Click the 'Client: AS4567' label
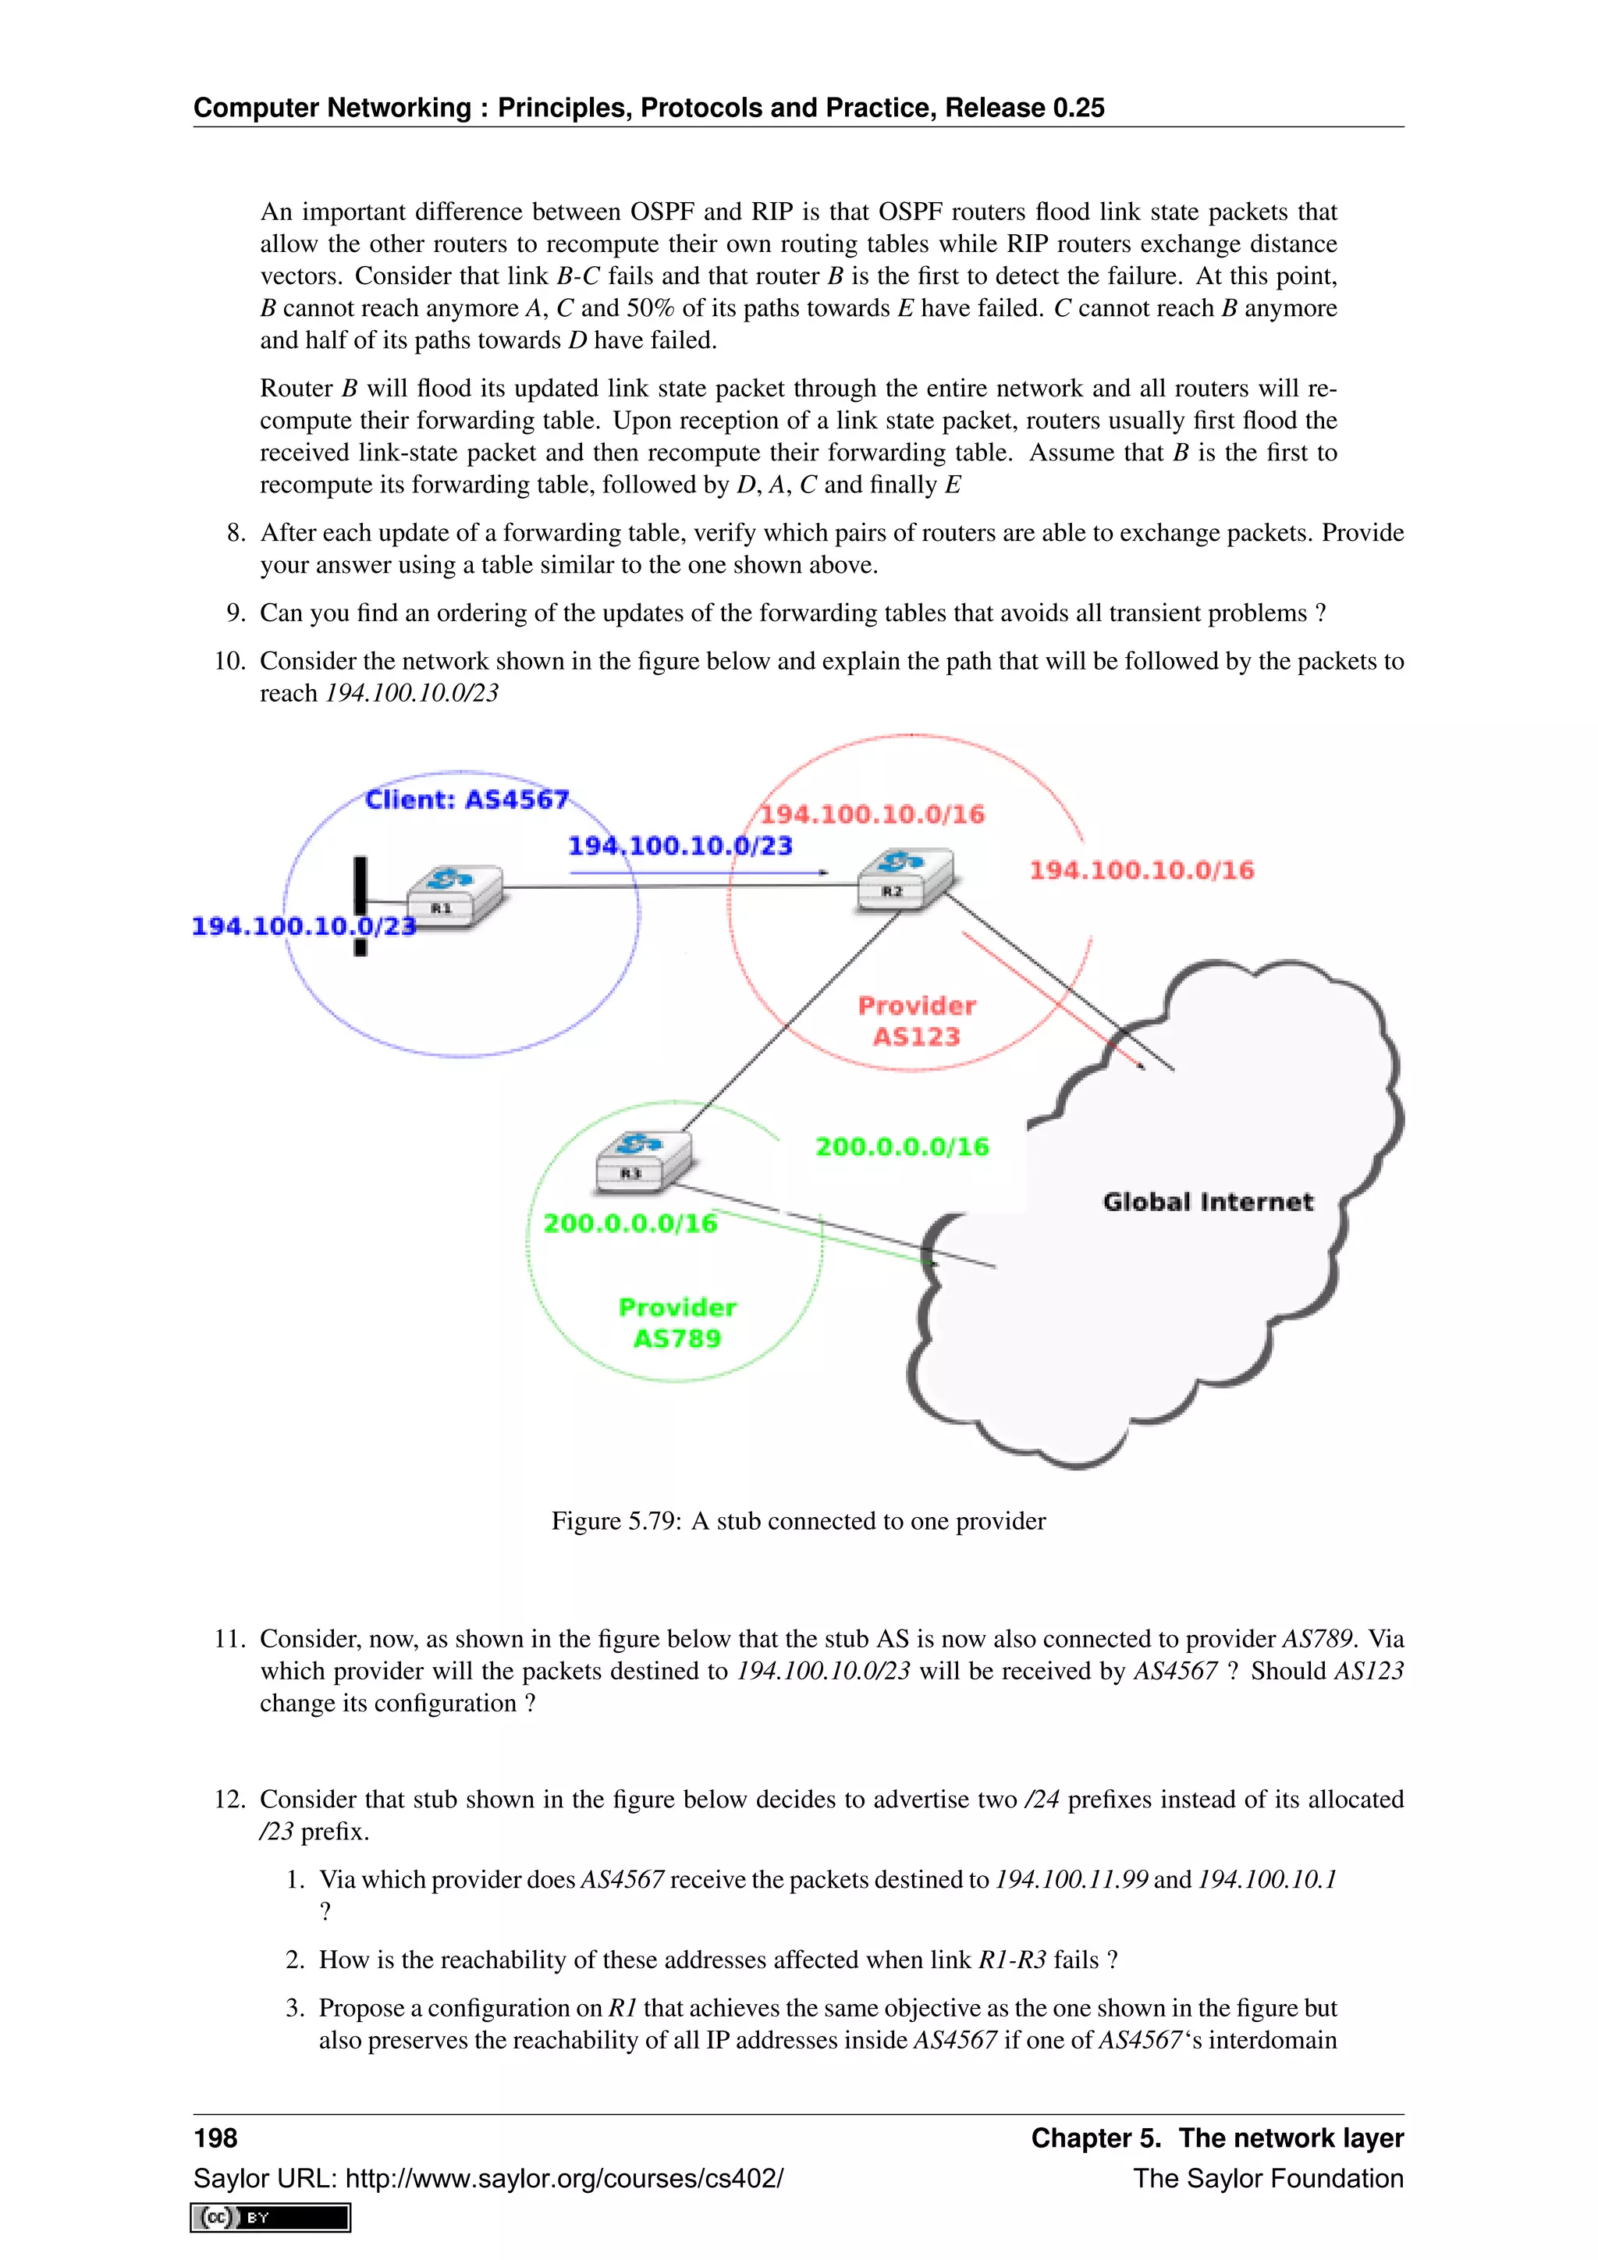467,799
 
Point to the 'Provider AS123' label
916,1021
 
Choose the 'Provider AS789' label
677,1323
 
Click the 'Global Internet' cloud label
1207,1202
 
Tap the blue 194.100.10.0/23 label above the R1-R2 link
680,845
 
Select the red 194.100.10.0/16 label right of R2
1142,870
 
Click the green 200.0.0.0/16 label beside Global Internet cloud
901,1146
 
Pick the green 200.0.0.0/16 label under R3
630,1224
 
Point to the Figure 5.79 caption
798,1521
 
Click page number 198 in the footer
215,2138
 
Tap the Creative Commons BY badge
271,2217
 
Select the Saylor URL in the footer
488,2178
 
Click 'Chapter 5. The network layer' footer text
1216,2138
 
